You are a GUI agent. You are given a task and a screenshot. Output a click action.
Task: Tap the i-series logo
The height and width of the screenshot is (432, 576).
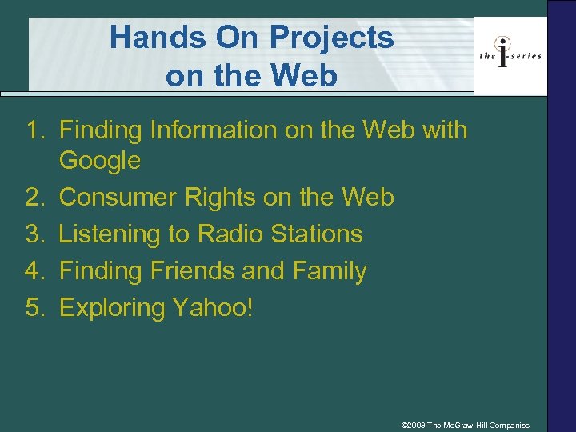pyautogui.click(x=510, y=54)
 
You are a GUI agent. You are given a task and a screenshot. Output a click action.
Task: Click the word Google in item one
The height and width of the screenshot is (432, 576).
pyautogui.click(x=100, y=161)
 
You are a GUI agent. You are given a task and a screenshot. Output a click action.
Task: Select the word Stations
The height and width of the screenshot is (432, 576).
pyautogui.click(x=318, y=234)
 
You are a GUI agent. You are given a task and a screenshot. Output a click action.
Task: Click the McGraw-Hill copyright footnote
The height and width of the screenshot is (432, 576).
pyautogui.click(x=465, y=424)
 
